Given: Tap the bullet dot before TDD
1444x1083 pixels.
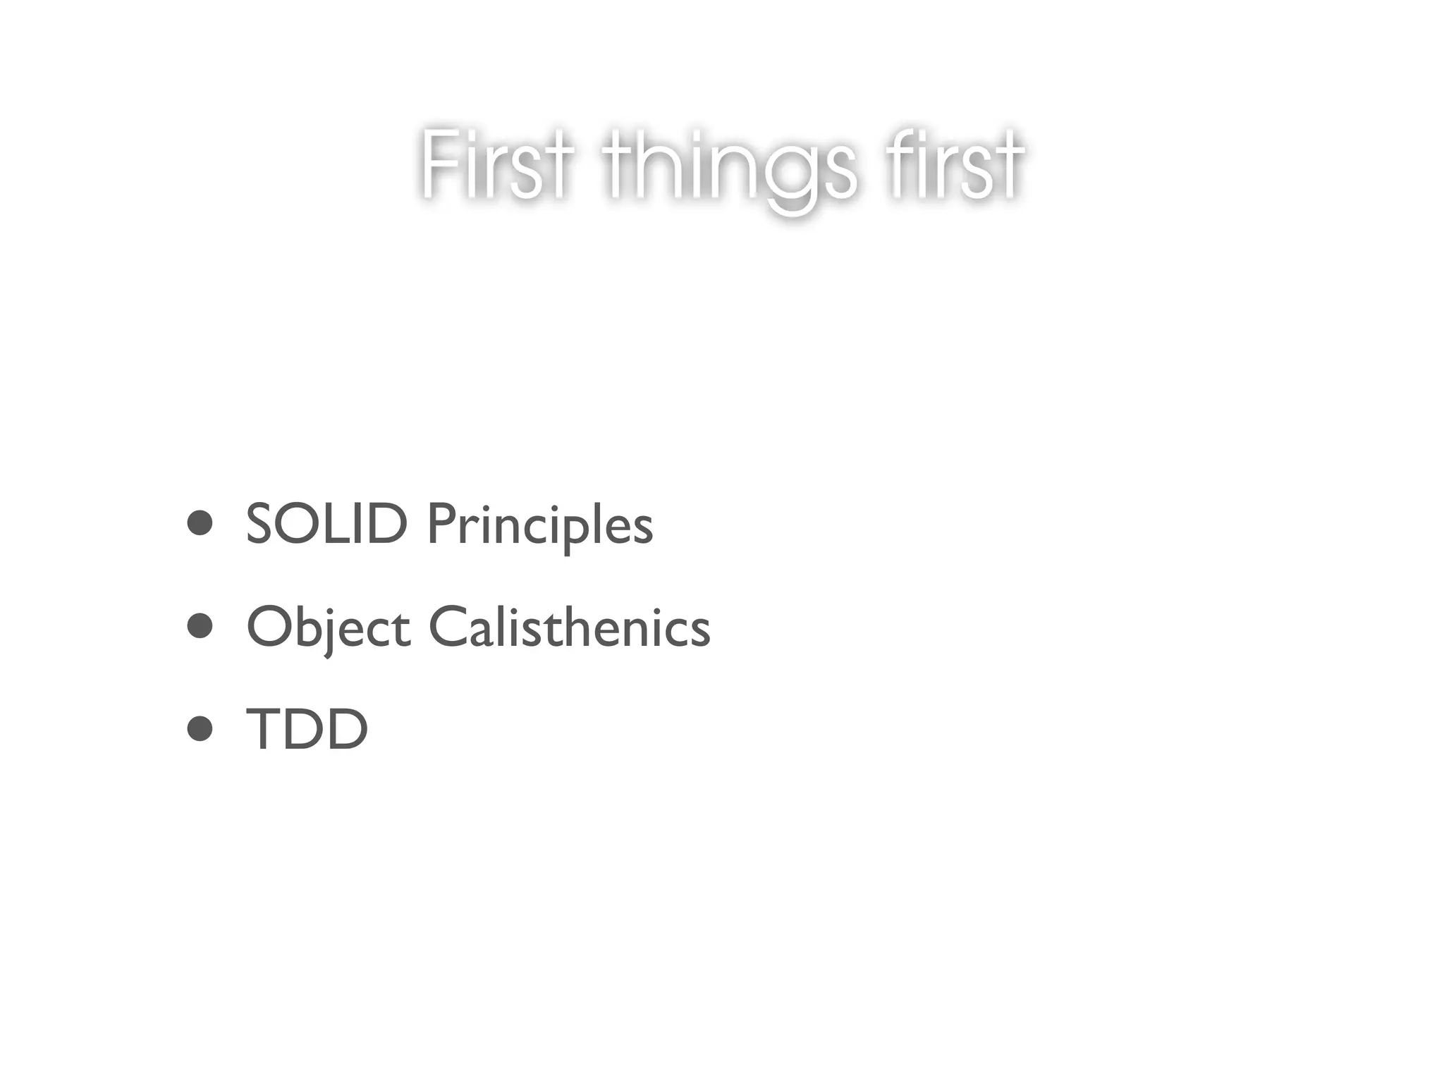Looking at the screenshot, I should [200, 730].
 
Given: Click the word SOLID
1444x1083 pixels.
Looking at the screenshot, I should [326, 525].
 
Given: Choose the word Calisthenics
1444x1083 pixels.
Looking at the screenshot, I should [570, 627].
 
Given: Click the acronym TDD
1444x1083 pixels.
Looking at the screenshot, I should [307, 730].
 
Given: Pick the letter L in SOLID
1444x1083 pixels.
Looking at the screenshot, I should [344, 525].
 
